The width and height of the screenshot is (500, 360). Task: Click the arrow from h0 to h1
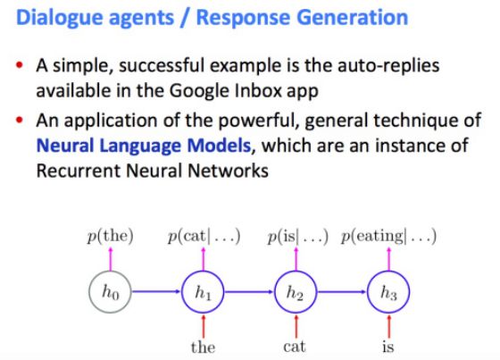156,291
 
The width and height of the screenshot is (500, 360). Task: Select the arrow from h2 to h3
342,291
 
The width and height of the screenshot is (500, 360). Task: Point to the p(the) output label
111,237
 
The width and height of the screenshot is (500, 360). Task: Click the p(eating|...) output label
388,237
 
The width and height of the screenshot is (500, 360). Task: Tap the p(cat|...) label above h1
204,237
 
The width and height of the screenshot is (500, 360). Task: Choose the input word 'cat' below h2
295,347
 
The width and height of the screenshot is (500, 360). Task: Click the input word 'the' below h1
203,347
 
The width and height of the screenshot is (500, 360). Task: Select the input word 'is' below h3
388,347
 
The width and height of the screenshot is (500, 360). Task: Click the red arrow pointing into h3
388,326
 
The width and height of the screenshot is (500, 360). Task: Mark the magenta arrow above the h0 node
111,258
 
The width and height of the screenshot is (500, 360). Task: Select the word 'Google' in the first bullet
199,92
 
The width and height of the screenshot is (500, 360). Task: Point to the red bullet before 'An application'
20,121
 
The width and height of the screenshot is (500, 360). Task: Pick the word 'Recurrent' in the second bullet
79,171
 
